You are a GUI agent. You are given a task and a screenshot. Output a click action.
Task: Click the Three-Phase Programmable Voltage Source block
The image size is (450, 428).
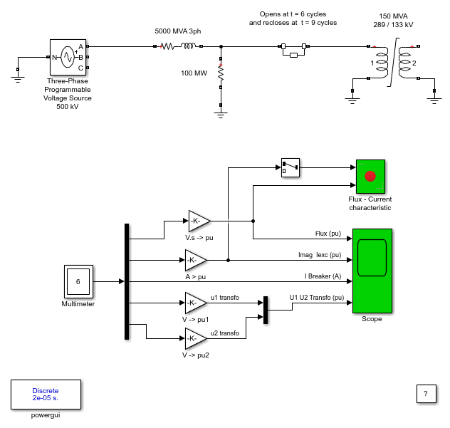68,57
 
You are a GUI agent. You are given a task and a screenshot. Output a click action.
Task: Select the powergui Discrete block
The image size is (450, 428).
46,395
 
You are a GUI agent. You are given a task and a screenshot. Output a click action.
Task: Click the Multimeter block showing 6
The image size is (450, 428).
78,281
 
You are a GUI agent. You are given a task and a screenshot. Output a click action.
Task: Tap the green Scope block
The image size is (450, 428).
372,271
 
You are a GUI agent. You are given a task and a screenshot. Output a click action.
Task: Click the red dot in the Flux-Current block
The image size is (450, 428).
370,176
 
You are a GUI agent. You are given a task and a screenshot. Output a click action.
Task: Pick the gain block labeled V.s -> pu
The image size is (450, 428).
199,221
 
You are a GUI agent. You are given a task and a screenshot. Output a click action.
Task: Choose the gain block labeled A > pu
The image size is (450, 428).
196,260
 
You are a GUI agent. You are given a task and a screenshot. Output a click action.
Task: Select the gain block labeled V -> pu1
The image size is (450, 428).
196,303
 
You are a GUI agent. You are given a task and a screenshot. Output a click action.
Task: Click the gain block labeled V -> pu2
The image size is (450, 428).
196,338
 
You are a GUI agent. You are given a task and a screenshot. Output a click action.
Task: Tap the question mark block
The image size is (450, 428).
427,394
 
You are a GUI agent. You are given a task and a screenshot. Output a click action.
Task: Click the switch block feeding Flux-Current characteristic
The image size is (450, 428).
290,167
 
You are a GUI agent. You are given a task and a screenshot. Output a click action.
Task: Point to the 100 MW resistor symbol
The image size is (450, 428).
221,73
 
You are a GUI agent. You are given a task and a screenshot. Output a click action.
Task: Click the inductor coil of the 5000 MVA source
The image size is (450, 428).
188,46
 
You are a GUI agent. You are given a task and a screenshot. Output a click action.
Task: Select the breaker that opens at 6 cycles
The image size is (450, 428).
293,50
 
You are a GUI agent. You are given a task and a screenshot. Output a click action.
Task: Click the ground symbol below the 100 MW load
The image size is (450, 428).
221,115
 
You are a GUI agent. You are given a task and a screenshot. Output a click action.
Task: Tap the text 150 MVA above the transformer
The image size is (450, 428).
393,16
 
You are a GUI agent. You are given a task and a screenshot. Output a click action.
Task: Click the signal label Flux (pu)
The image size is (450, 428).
328,234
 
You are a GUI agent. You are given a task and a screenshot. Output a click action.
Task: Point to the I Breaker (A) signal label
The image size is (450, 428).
323,276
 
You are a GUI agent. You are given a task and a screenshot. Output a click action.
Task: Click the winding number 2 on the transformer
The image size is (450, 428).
414,63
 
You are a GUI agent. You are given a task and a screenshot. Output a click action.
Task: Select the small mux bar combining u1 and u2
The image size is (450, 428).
266,310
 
